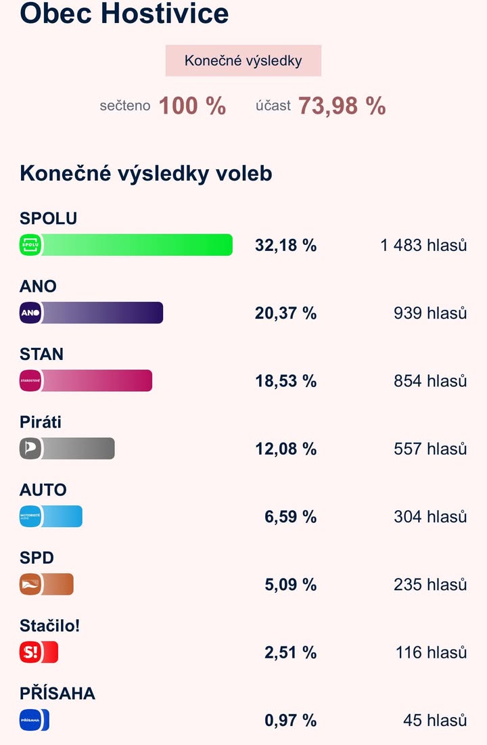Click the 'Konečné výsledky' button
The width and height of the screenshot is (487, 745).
coord(243,61)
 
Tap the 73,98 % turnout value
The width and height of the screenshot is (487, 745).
coord(342,106)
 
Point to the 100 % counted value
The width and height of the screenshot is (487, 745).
coord(192,106)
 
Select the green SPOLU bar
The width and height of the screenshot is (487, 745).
coord(135,245)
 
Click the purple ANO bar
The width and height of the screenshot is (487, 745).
coord(101,313)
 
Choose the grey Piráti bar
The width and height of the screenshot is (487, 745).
coord(78,448)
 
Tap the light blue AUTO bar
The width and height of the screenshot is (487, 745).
coord(61,516)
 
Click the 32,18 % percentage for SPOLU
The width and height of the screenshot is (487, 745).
coord(285,246)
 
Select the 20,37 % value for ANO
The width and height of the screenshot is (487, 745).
coord(285,313)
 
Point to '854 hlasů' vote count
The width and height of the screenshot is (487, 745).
coord(430,381)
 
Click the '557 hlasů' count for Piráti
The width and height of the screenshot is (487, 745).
coord(430,449)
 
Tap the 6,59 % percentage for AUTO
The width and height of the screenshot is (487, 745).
coord(290,517)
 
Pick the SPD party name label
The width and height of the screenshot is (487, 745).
coord(37,558)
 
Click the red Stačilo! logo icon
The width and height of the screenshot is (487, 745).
coord(31,652)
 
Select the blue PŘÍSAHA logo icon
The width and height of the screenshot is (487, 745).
coord(31,720)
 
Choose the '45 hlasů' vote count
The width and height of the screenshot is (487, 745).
coord(435,721)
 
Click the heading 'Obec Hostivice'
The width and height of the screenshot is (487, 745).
coord(124,14)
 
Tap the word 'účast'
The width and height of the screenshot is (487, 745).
coord(273,106)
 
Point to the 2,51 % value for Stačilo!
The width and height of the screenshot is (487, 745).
coord(290,652)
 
